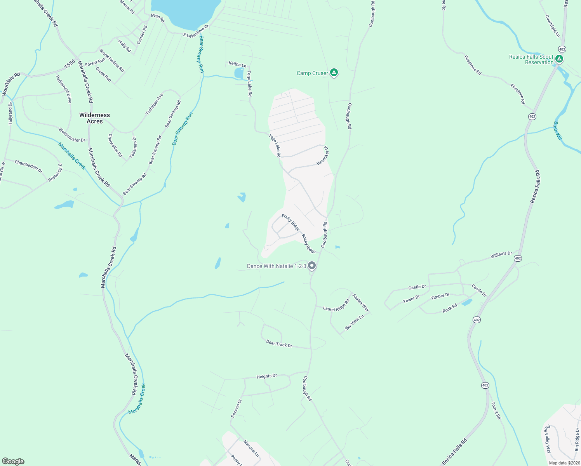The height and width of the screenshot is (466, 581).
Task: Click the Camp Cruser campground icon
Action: [334, 73]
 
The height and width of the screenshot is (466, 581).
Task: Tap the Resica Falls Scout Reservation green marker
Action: [559, 59]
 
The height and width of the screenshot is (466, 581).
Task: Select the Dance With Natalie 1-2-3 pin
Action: [311, 266]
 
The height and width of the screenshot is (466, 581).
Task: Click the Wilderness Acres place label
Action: [94, 118]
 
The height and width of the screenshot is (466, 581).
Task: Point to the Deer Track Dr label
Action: [279, 344]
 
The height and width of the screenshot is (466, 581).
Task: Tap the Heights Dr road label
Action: [266, 376]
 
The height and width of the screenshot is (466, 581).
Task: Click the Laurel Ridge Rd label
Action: [336, 305]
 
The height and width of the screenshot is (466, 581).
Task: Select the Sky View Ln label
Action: [354, 322]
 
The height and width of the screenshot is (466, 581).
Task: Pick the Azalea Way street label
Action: [360, 303]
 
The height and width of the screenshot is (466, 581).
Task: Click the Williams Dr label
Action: [501, 255]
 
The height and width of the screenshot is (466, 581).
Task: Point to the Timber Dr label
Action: [440, 296]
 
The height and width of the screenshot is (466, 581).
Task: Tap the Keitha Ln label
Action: [237, 64]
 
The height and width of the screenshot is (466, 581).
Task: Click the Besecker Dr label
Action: [323, 155]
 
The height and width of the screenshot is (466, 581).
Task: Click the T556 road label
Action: [70, 64]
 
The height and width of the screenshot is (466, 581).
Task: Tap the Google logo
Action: [13, 461]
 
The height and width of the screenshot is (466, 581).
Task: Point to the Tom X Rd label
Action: [496, 410]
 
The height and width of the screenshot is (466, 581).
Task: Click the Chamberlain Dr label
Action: [28, 166]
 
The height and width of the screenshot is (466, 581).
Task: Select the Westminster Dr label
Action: [72, 135]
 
